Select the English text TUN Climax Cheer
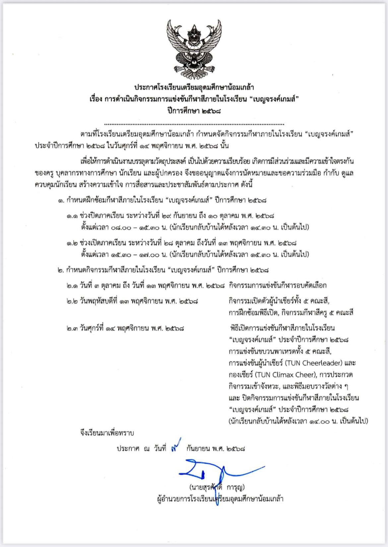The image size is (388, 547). pyautogui.click(x=285, y=375)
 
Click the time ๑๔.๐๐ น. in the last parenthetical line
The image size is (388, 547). pyautogui.click(x=323, y=421)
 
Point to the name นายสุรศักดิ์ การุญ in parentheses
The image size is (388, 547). pyautogui.click(x=217, y=487)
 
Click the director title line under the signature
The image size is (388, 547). pyautogui.click(x=220, y=499)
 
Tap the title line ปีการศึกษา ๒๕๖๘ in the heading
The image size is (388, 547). pyautogui.click(x=194, y=111)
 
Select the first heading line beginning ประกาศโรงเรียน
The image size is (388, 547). pyautogui.click(x=194, y=88)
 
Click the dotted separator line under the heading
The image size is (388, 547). pyautogui.click(x=194, y=124)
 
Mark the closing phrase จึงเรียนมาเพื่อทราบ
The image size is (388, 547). pyautogui.click(x=107, y=433)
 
